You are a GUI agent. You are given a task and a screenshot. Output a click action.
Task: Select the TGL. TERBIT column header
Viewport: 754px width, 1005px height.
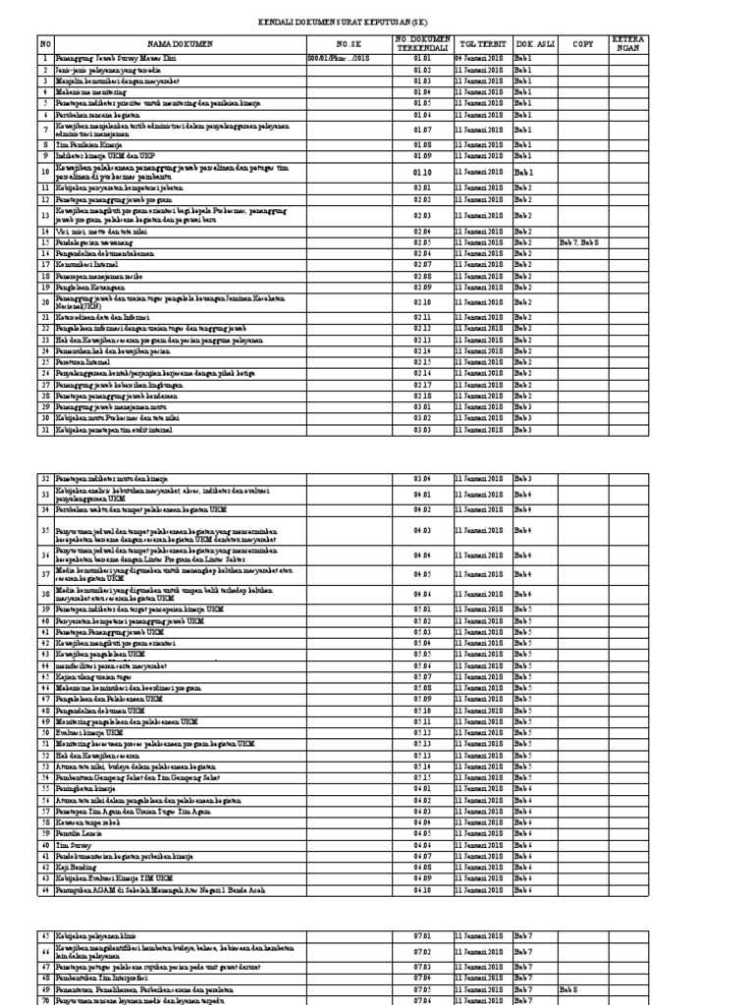coord(482,44)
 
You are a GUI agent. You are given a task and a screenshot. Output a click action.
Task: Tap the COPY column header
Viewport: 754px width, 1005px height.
coord(583,44)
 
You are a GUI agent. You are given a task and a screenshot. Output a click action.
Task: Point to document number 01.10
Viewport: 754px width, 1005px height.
coord(422,172)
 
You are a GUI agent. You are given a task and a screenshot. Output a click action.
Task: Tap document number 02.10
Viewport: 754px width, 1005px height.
coord(422,302)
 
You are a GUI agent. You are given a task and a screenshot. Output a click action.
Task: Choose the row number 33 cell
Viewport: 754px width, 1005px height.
coord(44,494)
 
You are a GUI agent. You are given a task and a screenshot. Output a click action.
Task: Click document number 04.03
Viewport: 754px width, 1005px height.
coord(422,530)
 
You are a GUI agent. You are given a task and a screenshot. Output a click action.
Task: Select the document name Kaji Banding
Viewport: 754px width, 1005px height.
coord(75,869)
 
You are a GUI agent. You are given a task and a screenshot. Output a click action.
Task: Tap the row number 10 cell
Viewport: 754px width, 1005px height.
coord(44,172)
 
